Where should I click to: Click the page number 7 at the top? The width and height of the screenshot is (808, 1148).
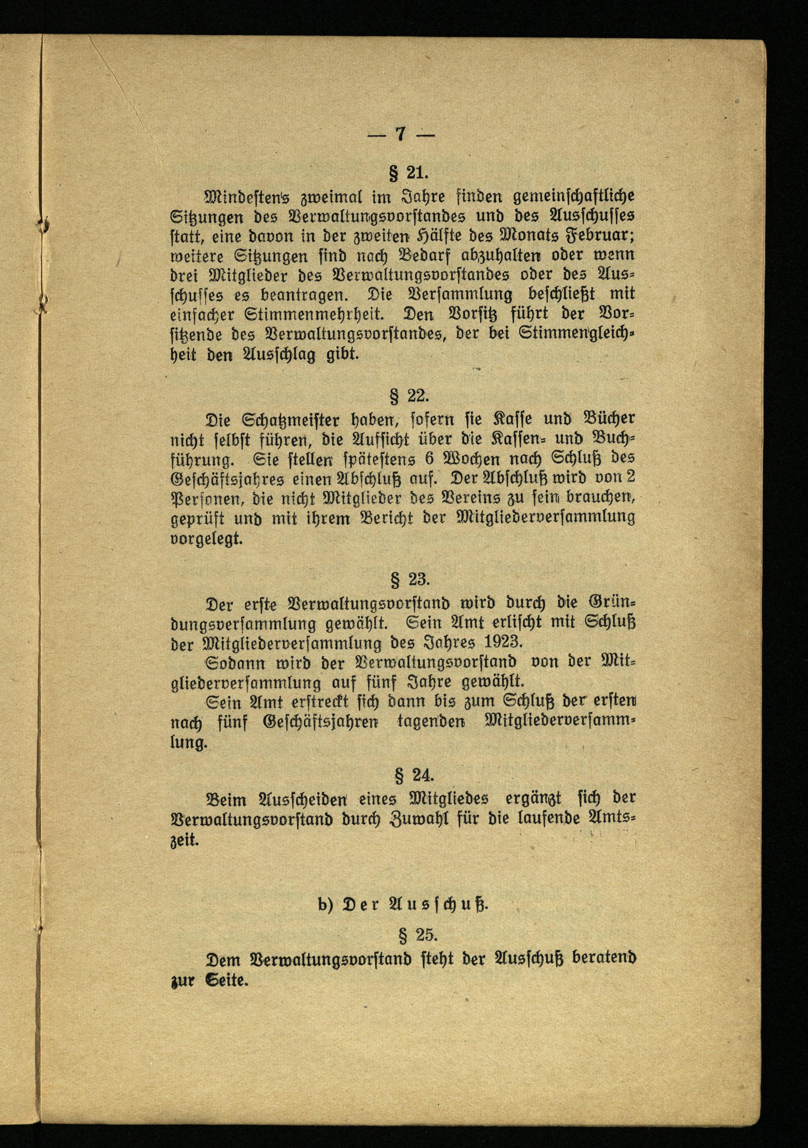400,134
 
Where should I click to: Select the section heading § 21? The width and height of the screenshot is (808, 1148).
408,173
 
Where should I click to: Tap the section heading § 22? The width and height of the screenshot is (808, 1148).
408,396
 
